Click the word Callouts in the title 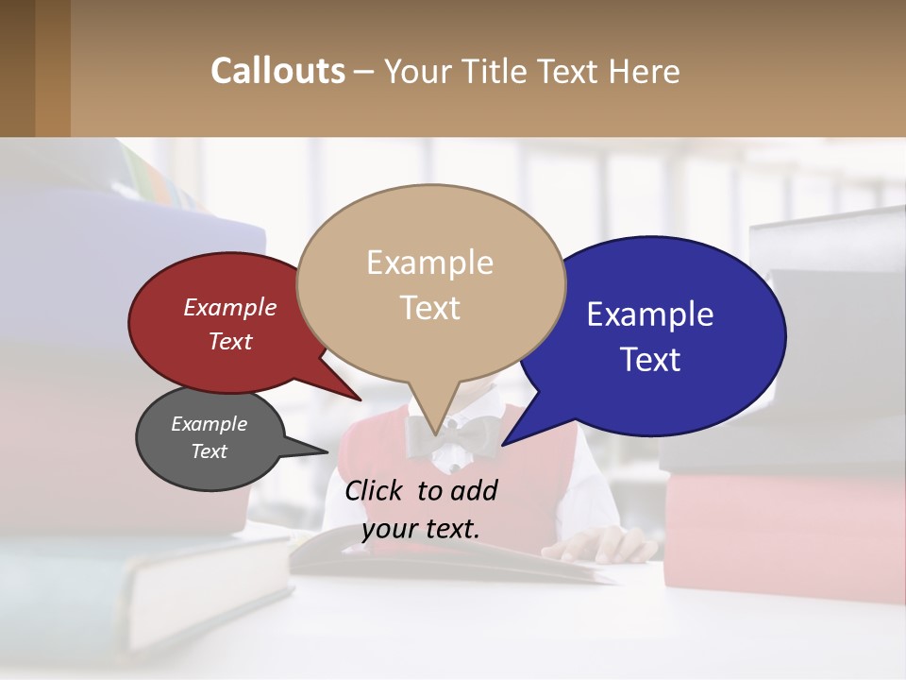click(x=277, y=71)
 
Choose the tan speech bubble click(x=430, y=283)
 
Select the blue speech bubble click(x=661, y=335)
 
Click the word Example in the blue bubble click(x=650, y=314)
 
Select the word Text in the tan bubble click(x=430, y=308)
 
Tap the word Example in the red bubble click(x=230, y=307)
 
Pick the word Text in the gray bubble click(x=210, y=451)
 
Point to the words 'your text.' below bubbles click(x=421, y=528)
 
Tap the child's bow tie click(x=453, y=436)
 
